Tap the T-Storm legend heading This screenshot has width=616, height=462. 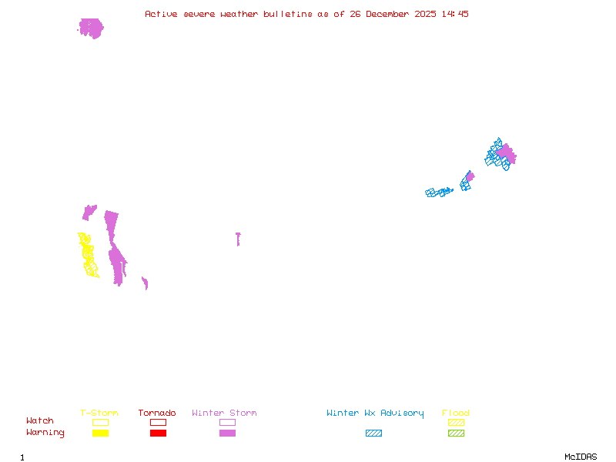[99, 413]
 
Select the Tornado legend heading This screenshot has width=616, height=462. [157, 413]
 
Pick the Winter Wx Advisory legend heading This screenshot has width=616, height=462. [375, 413]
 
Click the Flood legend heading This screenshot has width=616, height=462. [456, 413]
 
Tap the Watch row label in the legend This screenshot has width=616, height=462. [40, 421]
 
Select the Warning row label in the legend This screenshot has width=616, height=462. [45, 433]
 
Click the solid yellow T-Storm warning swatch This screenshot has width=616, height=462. [100, 434]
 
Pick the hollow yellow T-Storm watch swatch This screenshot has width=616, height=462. [100, 422]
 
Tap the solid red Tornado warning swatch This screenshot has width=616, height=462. [158, 434]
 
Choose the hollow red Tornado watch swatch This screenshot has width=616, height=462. [158, 422]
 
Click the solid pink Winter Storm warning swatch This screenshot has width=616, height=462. [227, 434]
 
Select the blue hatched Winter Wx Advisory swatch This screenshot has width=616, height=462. [373, 434]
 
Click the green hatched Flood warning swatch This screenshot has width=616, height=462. [456, 434]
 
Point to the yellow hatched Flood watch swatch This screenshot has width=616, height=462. [456, 422]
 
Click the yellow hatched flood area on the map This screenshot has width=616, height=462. [88, 255]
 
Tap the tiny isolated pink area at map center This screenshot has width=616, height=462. [238, 239]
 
